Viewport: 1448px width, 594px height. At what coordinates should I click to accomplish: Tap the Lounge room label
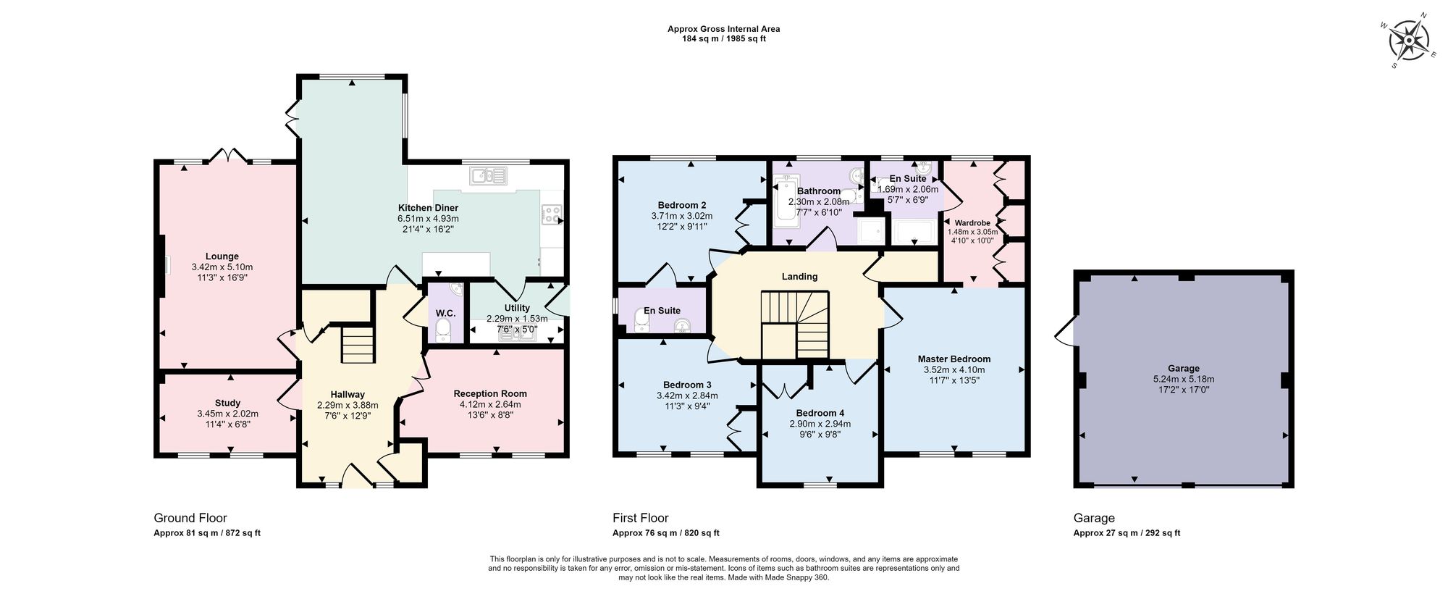(222, 256)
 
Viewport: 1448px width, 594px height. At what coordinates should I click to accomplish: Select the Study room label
(227, 403)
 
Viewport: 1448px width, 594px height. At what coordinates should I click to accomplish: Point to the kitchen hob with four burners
(552, 214)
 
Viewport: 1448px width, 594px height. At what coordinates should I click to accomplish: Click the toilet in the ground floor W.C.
(444, 332)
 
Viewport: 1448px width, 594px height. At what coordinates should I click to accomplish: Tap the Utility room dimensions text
(517, 324)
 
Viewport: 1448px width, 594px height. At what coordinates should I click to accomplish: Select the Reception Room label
(490, 393)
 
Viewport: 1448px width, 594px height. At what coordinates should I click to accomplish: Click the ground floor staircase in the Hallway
(357, 344)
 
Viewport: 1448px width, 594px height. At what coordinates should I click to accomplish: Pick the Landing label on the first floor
(799, 276)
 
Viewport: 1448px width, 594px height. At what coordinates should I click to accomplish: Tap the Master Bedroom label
(954, 359)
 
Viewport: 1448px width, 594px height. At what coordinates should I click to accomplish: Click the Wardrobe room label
(972, 223)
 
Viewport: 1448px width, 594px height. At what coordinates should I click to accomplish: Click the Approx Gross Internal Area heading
(723, 29)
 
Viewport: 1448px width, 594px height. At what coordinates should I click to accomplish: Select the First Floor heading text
(640, 518)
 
